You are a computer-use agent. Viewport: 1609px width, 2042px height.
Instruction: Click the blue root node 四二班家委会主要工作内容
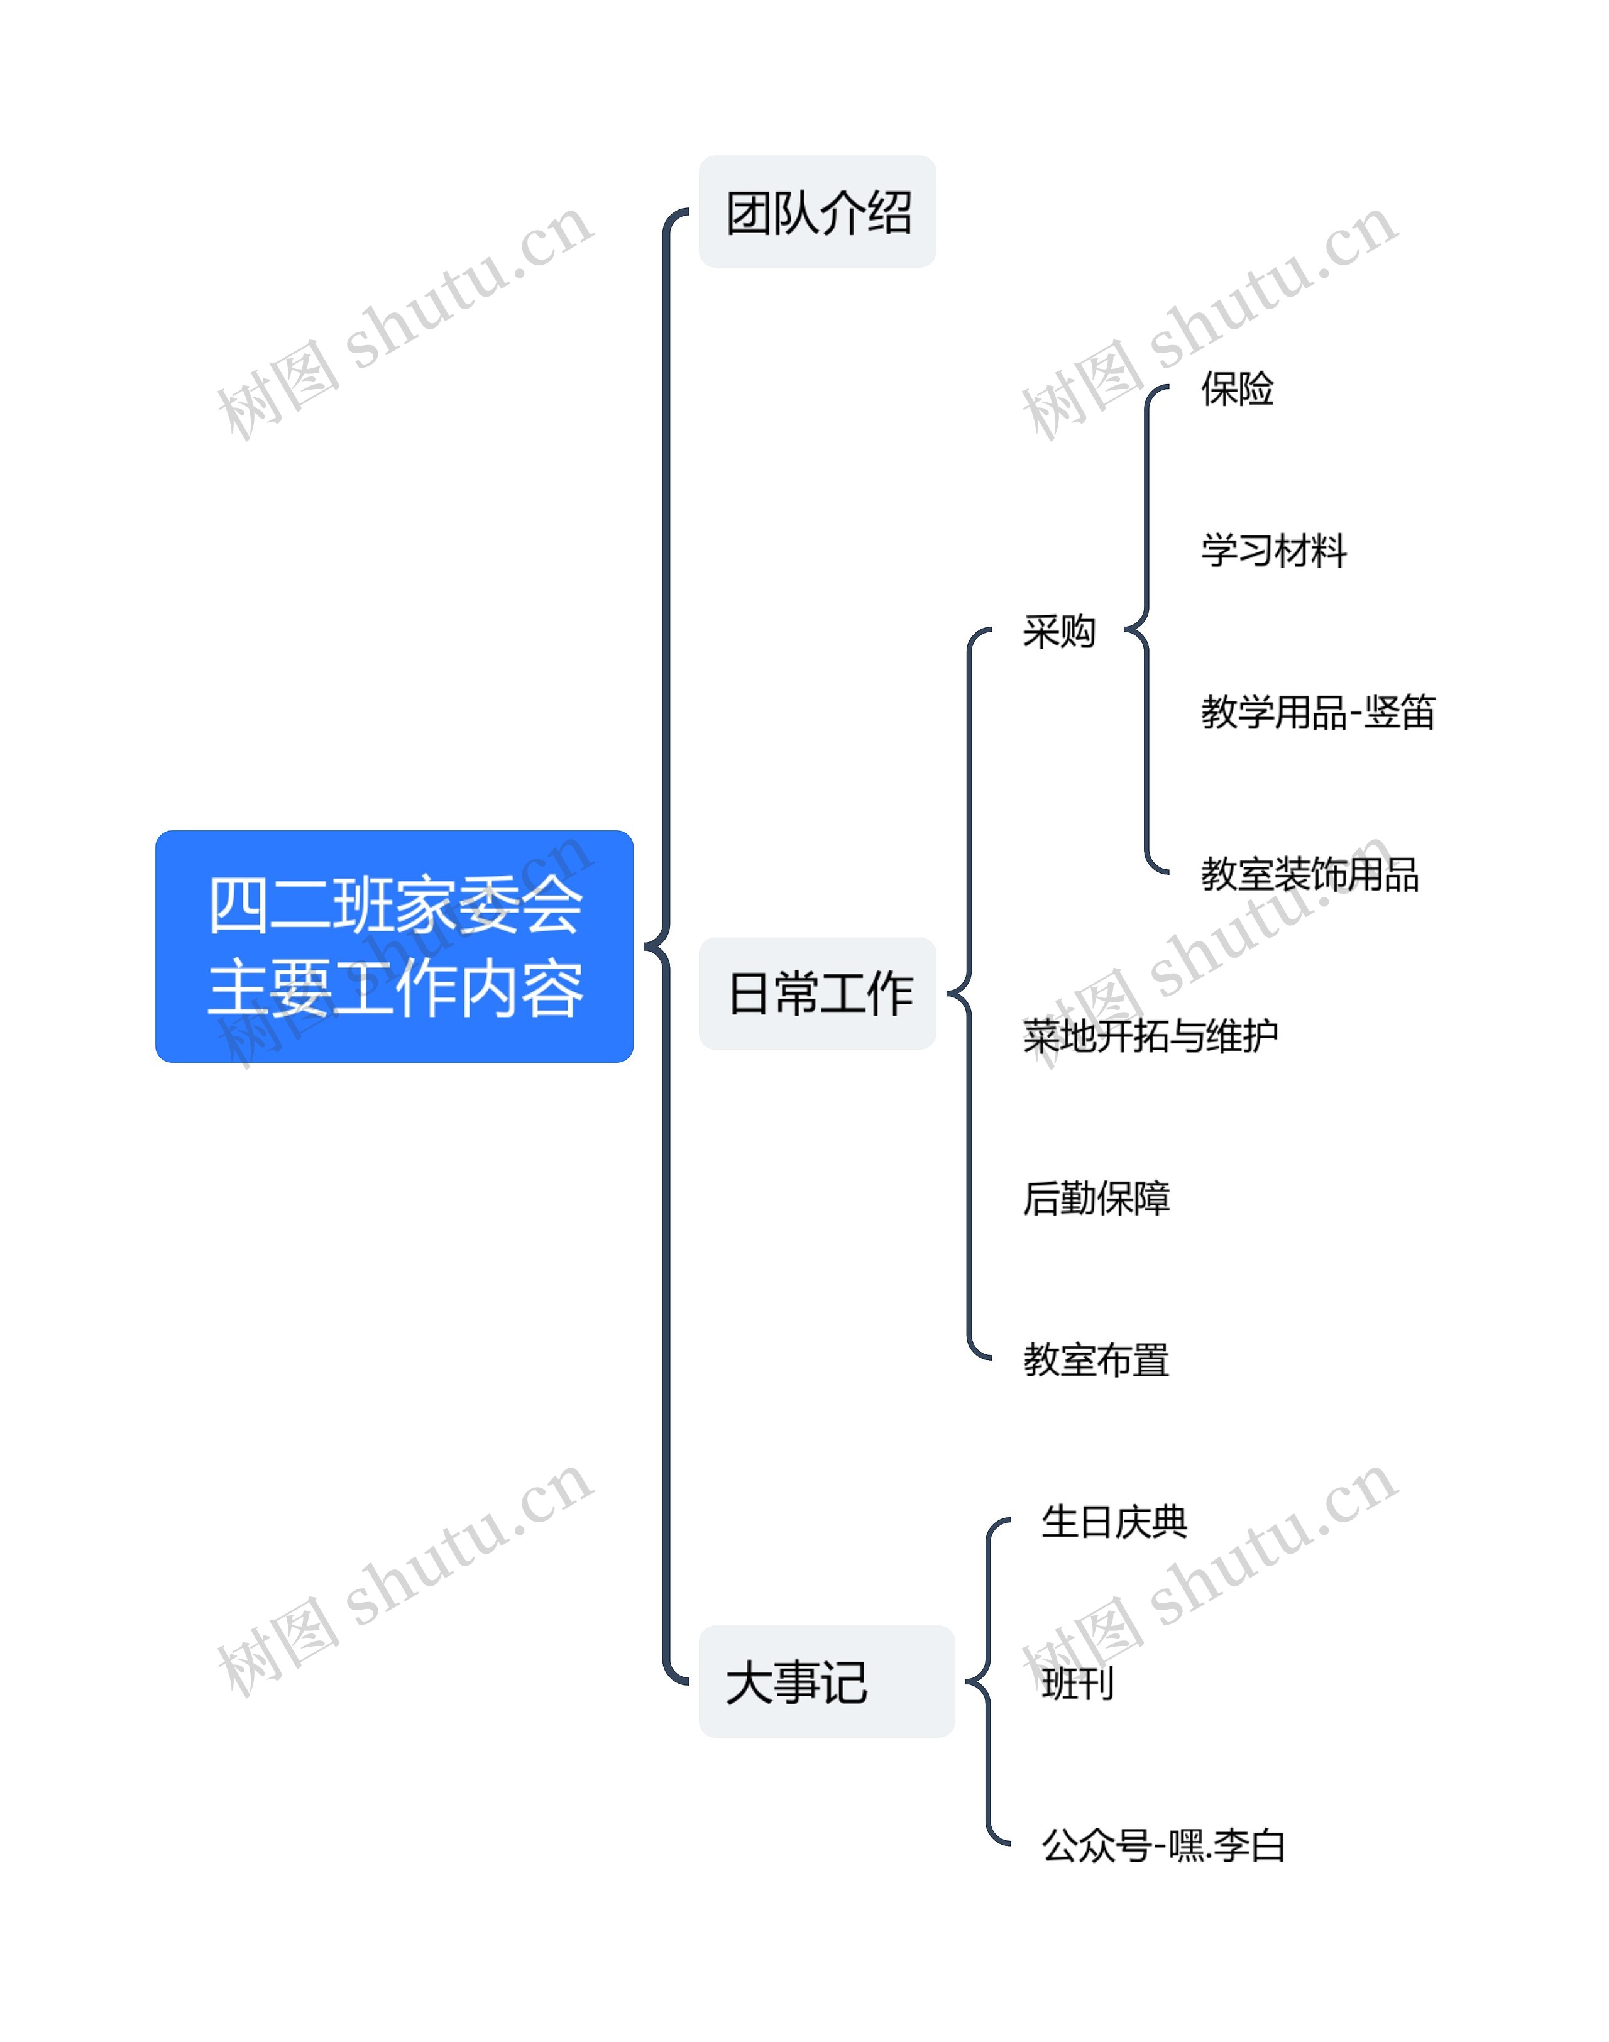click(394, 946)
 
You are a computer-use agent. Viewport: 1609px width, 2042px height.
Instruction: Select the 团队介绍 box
click(816, 212)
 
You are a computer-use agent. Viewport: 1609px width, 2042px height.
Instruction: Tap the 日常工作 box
click(816, 993)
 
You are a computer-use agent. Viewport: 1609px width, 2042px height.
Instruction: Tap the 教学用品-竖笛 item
click(1317, 713)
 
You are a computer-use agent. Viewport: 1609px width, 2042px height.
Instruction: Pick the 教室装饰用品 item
click(1309, 874)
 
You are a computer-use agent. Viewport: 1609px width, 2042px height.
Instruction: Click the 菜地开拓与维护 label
click(1150, 1036)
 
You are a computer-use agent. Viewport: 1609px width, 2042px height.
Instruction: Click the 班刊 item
click(1078, 1683)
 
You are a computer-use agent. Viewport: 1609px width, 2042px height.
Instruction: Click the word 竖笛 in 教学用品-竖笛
click(1399, 713)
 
